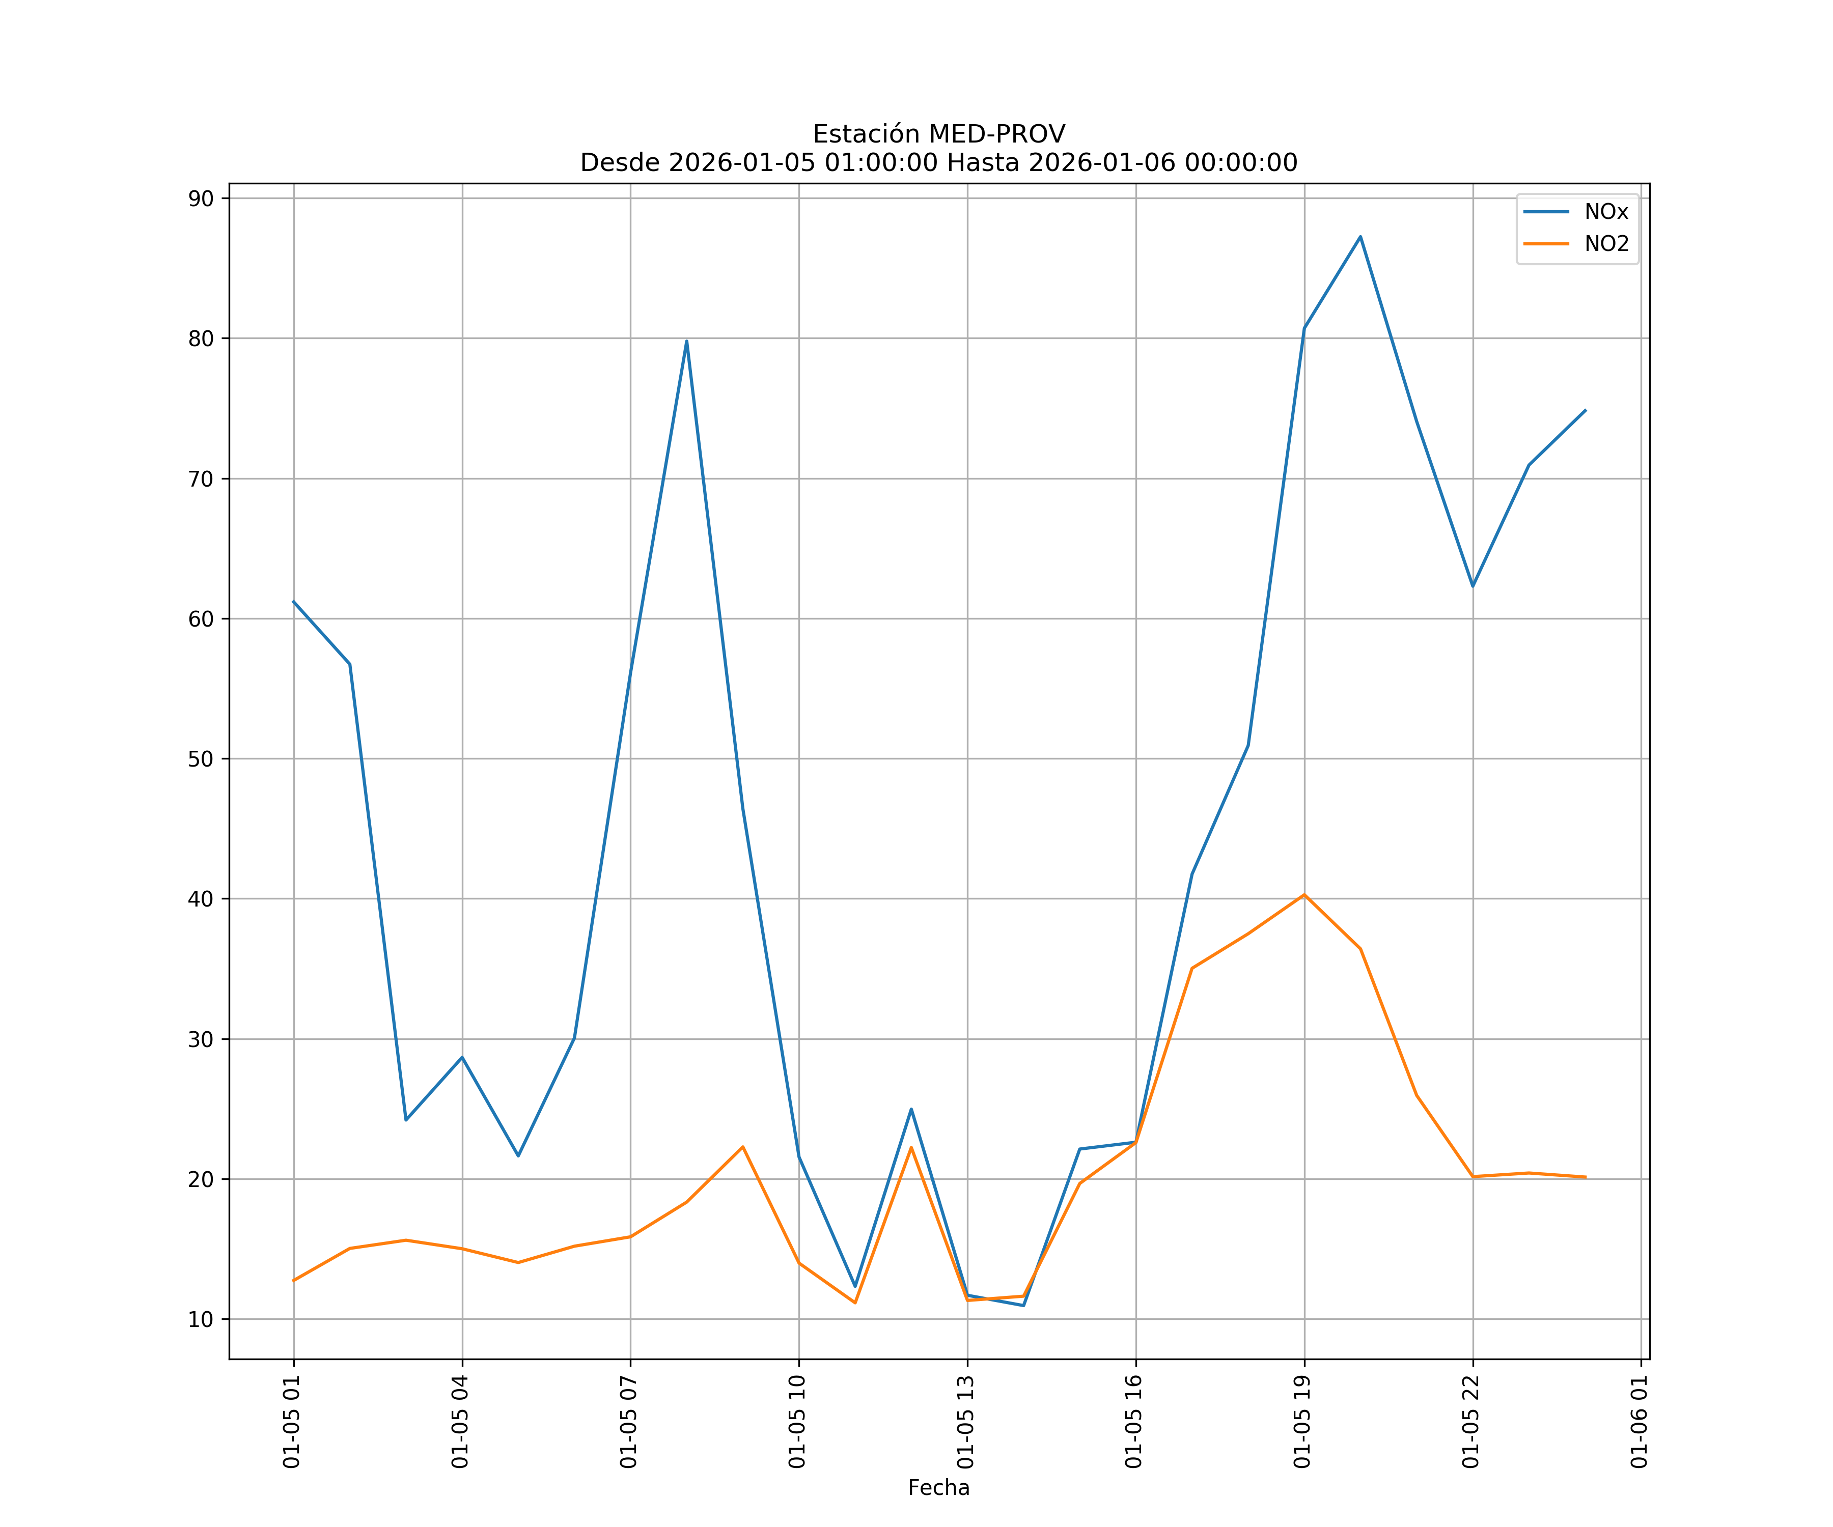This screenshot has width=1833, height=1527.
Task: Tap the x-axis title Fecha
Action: [938, 1488]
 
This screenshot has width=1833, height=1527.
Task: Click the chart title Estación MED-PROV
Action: [938, 134]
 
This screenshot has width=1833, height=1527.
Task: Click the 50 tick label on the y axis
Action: [201, 759]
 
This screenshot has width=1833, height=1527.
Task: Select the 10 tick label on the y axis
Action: [201, 1319]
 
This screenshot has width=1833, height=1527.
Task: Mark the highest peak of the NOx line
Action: [1360, 237]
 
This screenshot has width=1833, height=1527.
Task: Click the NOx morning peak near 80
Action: [686, 341]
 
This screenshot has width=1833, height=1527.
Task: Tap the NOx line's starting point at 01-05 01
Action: [293, 601]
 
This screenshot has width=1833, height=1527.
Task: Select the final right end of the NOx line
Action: [1585, 410]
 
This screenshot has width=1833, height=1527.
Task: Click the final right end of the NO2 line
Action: [1585, 1177]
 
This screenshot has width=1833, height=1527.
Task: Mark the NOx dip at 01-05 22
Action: [1473, 585]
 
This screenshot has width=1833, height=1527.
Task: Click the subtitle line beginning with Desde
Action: [938, 163]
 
